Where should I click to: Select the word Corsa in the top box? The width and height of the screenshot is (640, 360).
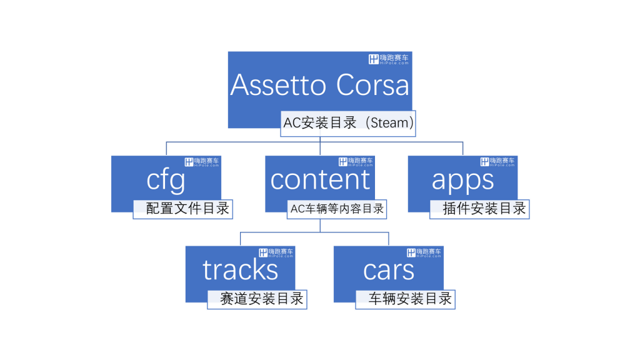click(372, 85)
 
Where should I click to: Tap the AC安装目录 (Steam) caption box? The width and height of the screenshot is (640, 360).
click(348, 123)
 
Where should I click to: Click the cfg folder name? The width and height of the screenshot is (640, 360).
click(166, 181)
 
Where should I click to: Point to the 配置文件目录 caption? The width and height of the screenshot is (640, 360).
click(187, 209)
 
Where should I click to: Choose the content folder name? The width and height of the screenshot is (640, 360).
click(320, 179)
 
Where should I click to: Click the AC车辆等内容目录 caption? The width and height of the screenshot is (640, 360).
click(337, 209)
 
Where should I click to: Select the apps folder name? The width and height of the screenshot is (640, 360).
click(463, 181)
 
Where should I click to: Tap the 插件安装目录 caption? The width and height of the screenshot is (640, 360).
click(484, 209)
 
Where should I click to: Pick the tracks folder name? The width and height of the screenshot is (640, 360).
click(241, 270)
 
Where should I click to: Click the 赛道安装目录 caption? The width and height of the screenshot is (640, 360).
click(262, 299)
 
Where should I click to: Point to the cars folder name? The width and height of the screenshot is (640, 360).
click(389, 271)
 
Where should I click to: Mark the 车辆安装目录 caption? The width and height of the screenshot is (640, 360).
click(410, 299)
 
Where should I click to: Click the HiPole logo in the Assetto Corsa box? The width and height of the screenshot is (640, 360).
click(389, 59)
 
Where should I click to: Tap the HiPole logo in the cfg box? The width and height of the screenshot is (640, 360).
click(202, 162)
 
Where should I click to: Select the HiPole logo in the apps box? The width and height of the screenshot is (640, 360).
click(497, 162)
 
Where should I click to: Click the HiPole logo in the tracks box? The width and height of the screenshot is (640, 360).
click(276, 252)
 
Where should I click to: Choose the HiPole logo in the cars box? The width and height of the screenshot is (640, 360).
click(424, 252)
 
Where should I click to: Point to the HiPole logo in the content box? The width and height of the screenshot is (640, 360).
click(356, 162)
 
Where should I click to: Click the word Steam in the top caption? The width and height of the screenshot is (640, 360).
click(389, 123)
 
